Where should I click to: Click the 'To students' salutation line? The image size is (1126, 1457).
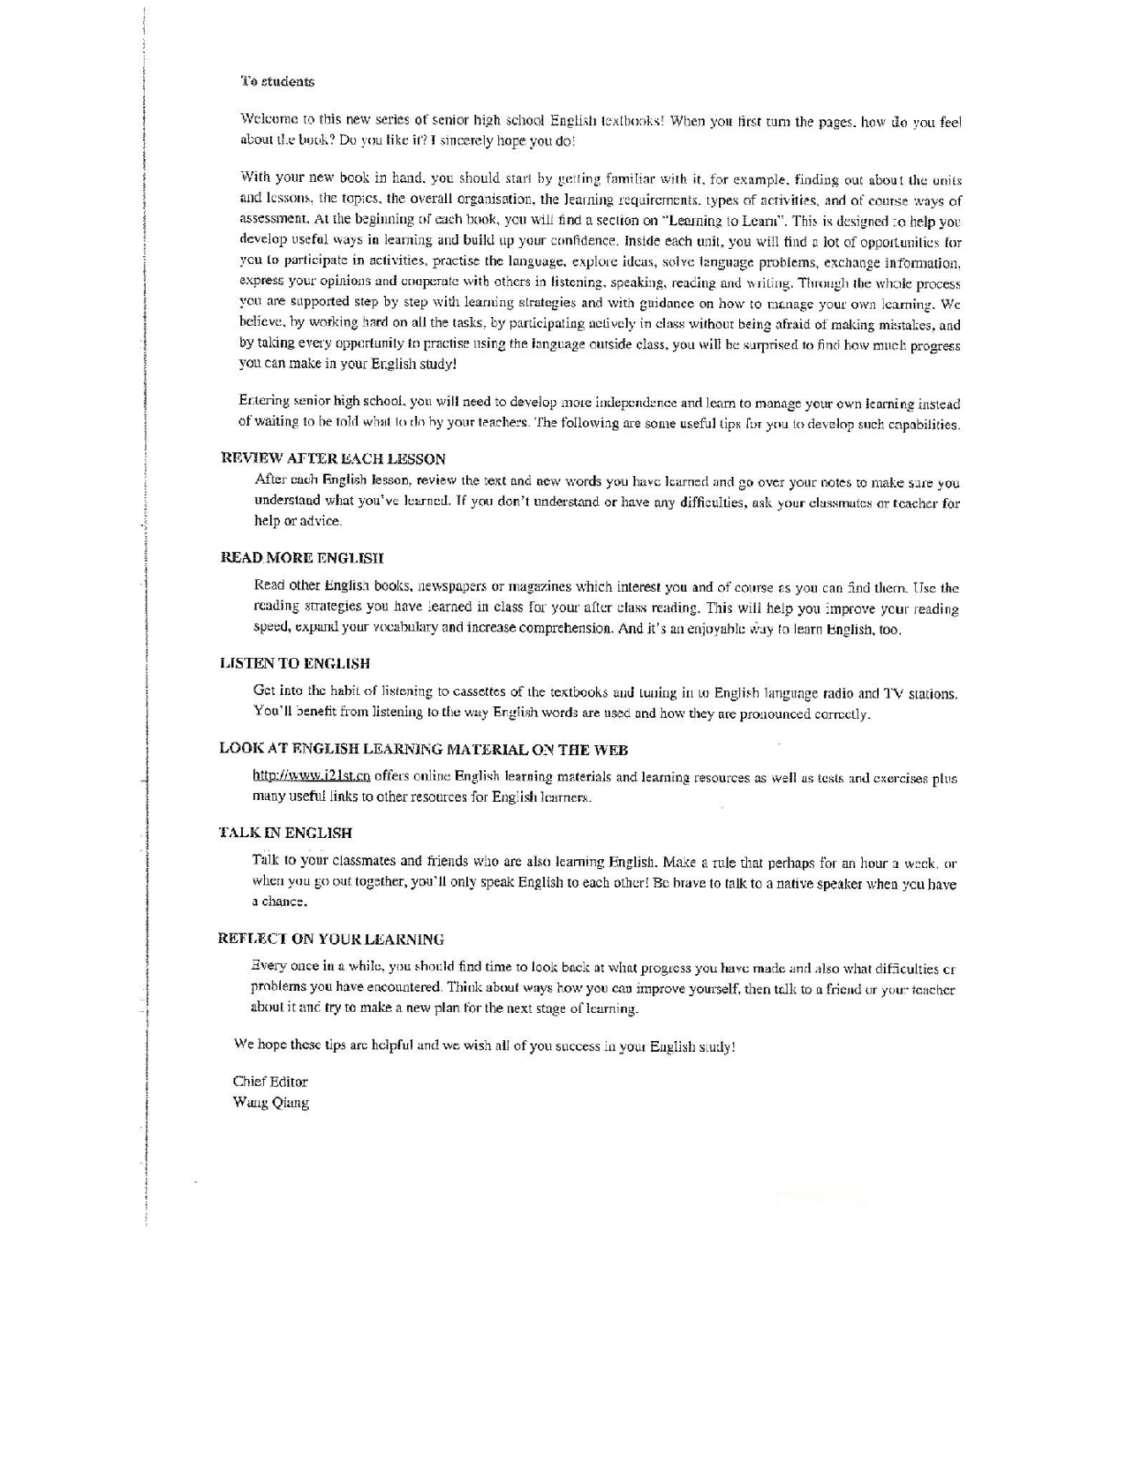[x=277, y=81]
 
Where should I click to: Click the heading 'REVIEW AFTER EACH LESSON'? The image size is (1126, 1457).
[x=332, y=458]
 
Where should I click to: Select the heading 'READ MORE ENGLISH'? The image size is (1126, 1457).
[x=301, y=557]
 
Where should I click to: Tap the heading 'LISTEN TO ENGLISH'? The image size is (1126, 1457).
[x=294, y=663]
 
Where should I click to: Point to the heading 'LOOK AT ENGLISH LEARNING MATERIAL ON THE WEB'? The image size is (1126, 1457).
[x=423, y=750]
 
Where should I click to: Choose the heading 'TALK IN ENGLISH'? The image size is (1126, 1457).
[x=285, y=833]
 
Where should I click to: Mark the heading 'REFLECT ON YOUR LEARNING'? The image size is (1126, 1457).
[x=331, y=939]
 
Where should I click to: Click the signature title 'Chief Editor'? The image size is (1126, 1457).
[x=270, y=1081]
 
